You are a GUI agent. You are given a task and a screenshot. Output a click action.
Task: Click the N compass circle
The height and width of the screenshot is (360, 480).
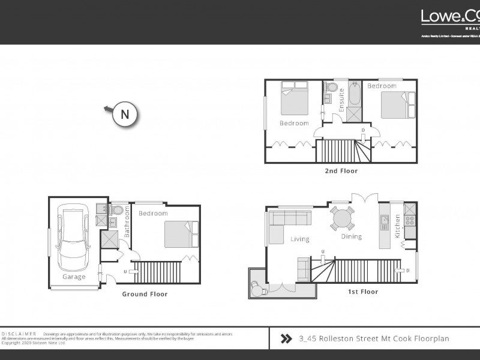125,114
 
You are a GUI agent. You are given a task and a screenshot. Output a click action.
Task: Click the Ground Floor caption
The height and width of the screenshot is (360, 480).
145,294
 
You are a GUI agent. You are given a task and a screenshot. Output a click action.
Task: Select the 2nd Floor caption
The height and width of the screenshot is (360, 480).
341,171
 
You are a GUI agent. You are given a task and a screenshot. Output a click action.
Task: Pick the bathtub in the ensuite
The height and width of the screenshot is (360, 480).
354,95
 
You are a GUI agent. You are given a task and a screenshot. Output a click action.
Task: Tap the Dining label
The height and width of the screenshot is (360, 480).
352,236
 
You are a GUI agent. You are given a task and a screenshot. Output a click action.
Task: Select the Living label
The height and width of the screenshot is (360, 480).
300,239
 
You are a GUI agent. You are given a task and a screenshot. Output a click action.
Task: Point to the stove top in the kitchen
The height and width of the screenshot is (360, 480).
410,220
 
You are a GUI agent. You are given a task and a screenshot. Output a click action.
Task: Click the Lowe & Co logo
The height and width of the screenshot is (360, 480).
449,17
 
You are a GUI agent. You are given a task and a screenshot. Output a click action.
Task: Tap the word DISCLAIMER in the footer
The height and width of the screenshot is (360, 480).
19,334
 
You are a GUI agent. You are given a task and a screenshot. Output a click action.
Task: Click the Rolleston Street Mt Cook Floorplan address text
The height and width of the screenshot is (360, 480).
374,338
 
